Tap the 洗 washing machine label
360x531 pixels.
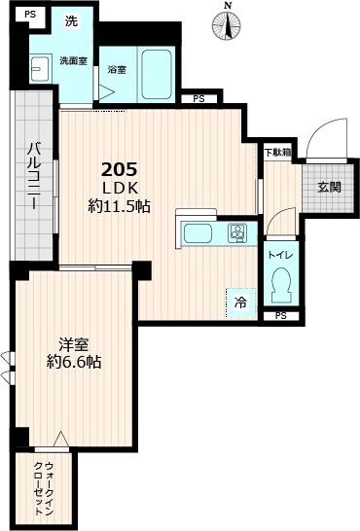click(x=71, y=21)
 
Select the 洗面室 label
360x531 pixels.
click(x=73, y=60)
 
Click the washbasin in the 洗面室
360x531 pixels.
click(x=41, y=69)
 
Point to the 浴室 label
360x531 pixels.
click(x=117, y=71)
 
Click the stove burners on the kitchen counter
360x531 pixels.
click(x=235, y=233)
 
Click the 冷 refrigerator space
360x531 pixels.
click(x=239, y=302)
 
